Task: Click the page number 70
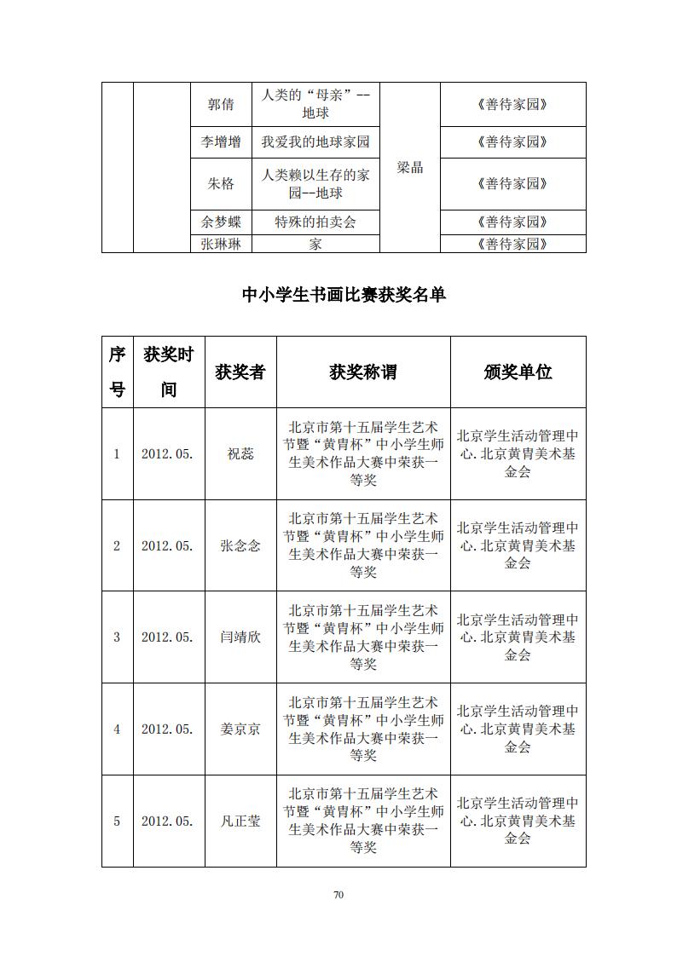click(338, 895)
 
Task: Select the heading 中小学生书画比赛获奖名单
click(344, 295)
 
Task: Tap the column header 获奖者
click(240, 372)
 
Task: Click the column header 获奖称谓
click(363, 372)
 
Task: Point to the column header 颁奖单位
click(518, 372)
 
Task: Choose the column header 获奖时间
click(169, 372)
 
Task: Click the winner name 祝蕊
click(240, 454)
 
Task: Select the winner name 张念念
click(240, 545)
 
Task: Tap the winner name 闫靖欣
click(240, 637)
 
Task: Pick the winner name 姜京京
click(240, 729)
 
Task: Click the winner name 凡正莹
click(240, 822)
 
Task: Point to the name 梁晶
click(410, 167)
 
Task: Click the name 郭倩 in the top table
click(221, 105)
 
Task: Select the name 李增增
click(221, 142)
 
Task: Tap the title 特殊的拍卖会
click(315, 222)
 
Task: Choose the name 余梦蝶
click(221, 222)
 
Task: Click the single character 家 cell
click(315, 245)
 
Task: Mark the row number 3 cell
click(118, 637)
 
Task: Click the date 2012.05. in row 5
click(168, 822)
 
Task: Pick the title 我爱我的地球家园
click(315, 142)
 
